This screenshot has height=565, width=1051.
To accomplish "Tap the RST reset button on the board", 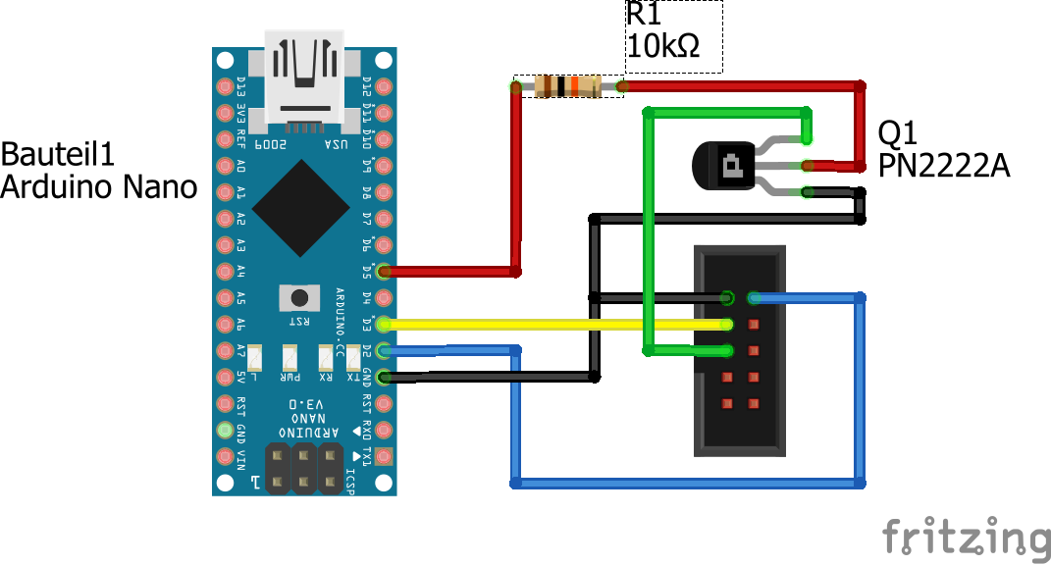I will pyautogui.click(x=299, y=297).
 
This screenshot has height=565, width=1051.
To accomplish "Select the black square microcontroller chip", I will pyautogui.click(x=300, y=207).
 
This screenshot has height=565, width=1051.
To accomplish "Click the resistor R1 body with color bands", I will pyautogui.click(x=568, y=87).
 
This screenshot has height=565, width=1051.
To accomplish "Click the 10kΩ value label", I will pyautogui.click(x=663, y=46).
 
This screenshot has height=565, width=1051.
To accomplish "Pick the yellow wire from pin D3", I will pyautogui.click(x=550, y=325).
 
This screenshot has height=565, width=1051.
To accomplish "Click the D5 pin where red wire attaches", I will pyautogui.click(x=384, y=271).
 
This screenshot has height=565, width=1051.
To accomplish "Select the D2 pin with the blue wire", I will pyautogui.click(x=384, y=350).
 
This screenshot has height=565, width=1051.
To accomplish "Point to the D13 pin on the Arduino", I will pyautogui.click(x=225, y=85).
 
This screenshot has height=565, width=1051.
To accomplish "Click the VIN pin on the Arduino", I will pyautogui.click(x=225, y=456).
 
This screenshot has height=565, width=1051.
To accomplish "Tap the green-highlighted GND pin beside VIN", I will pyautogui.click(x=225, y=430).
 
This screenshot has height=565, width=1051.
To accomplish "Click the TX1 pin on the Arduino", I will pyautogui.click(x=384, y=456).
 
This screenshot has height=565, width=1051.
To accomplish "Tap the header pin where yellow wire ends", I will pyautogui.click(x=727, y=325).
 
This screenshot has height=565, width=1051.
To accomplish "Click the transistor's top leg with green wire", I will pyautogui.click(x=807, y=139).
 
